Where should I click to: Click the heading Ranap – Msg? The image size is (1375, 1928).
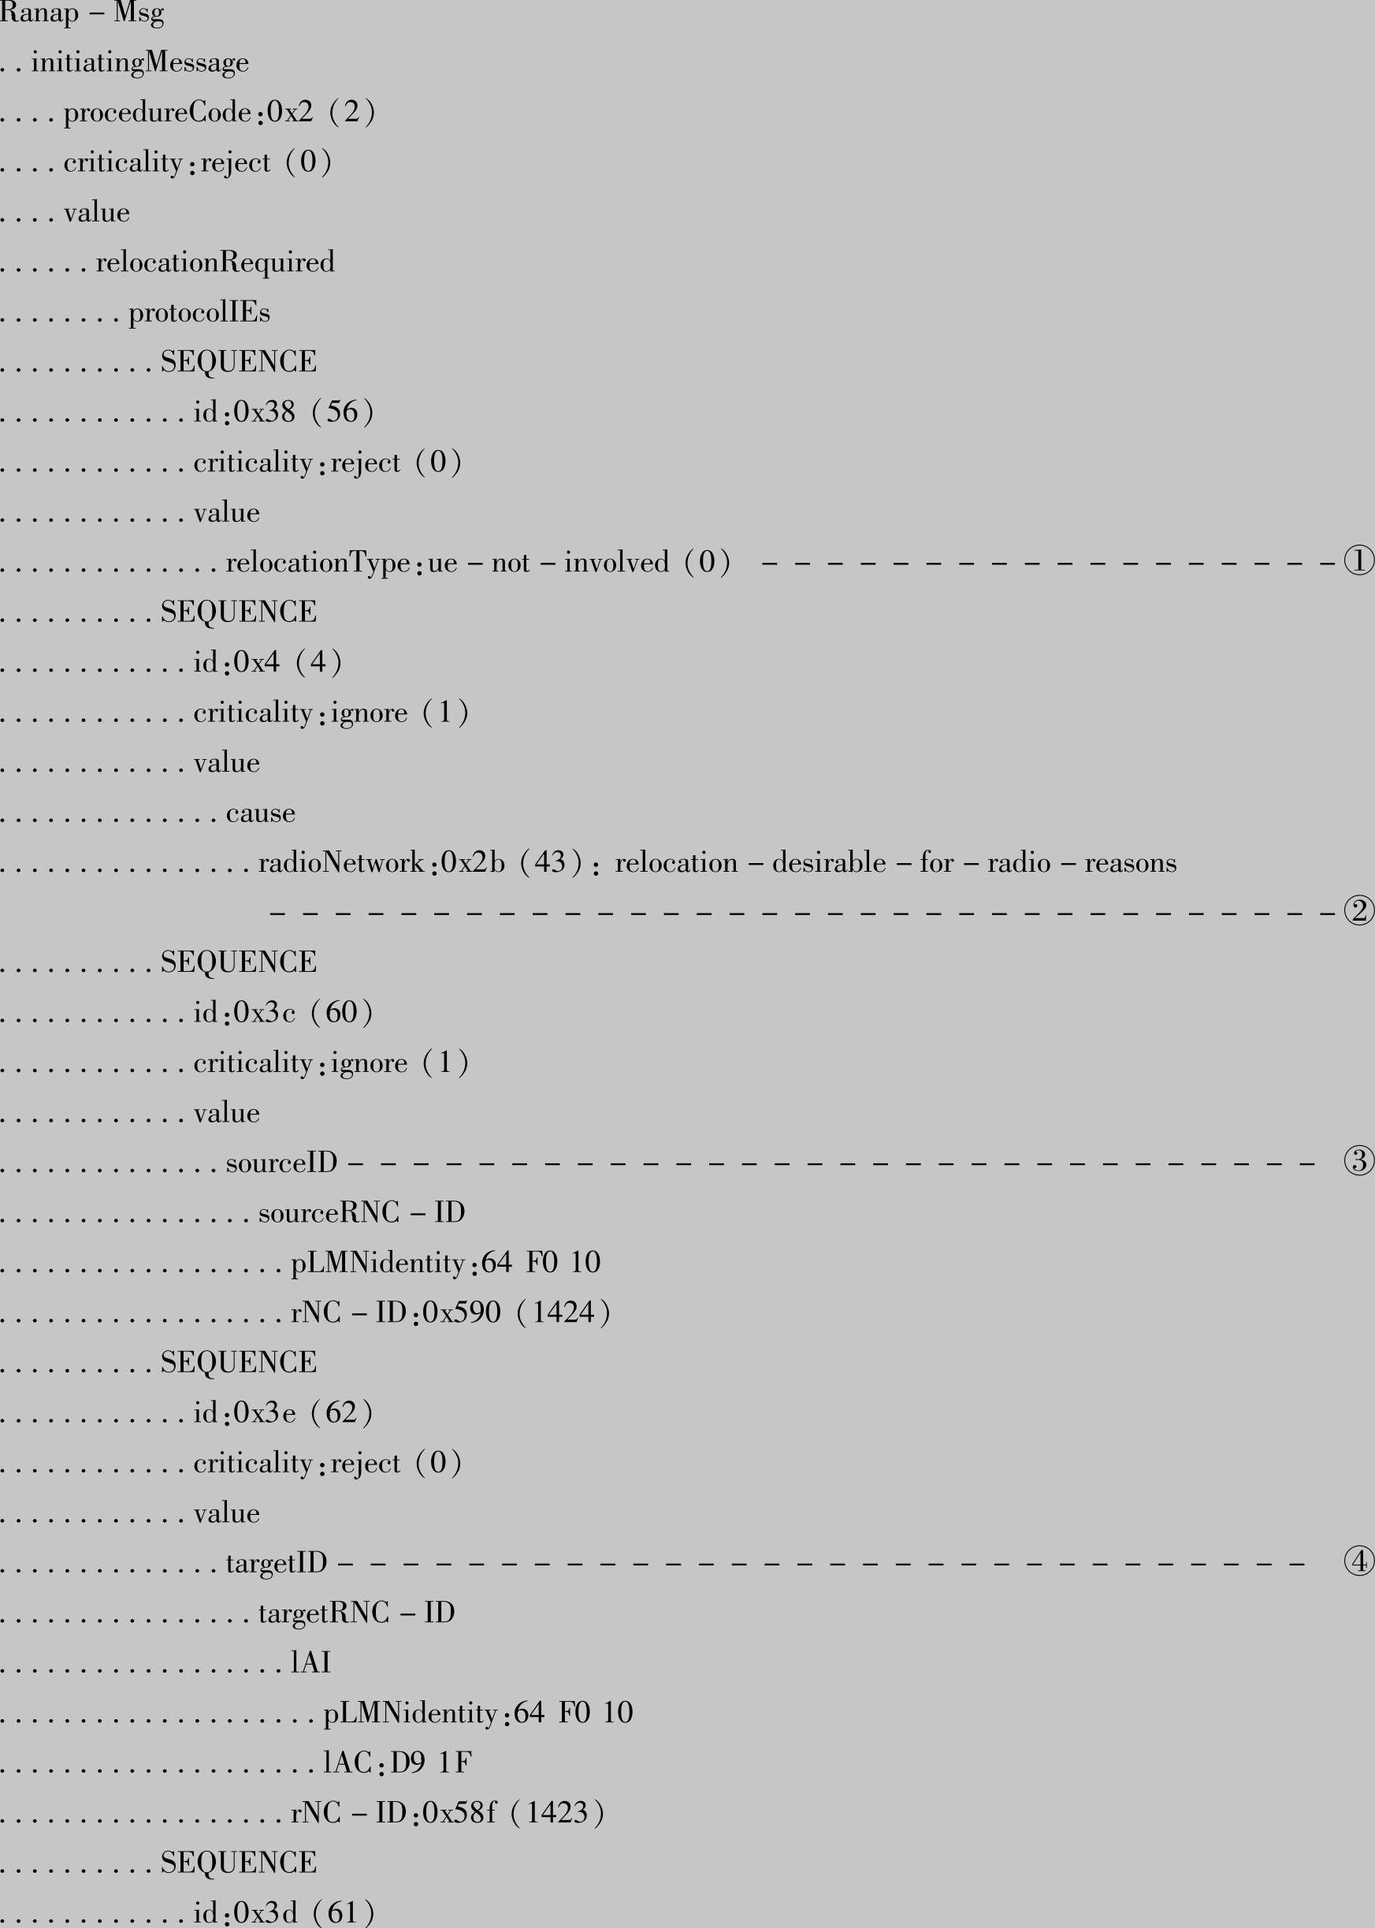point(81,13)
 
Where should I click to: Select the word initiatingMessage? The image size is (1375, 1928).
point(139,62)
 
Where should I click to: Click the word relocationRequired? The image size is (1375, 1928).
point(215,262)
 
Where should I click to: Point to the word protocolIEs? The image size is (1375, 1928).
point(199,312)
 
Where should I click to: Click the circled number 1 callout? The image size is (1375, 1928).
point(1358,561)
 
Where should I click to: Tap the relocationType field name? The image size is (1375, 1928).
point(318,562)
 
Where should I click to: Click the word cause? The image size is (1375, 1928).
point(260,813)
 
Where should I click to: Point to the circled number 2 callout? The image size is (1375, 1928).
point(1358,912)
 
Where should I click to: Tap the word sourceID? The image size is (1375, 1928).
point(281,1163)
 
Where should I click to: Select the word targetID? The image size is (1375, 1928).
point(276,1563)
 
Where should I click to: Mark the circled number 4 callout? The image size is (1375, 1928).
point(1358,1561)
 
